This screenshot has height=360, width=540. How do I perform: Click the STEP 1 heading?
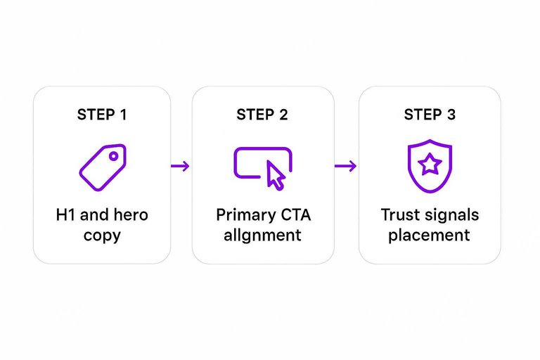(x=102, y=115)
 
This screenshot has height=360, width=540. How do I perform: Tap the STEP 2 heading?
(x=262, y=115)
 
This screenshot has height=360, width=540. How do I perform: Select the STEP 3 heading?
(x=430, y=115)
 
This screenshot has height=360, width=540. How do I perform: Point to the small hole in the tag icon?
(x=112, y=156)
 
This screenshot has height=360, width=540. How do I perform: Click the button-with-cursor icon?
(x=262, y=167)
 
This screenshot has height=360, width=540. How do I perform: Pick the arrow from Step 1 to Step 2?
(x=181, y=166)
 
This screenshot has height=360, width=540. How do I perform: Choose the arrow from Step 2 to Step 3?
(x=345, y=166)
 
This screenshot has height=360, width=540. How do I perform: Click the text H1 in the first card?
(x=65, y=214)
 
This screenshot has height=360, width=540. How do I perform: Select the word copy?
(x=102, y=236)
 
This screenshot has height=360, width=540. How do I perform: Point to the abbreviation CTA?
(x=292, y=214)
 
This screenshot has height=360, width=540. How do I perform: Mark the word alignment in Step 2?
(x=262, y=235)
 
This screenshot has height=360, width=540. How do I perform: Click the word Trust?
(x=399, y=214)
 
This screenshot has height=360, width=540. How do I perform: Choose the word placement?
(x=430, y=235)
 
